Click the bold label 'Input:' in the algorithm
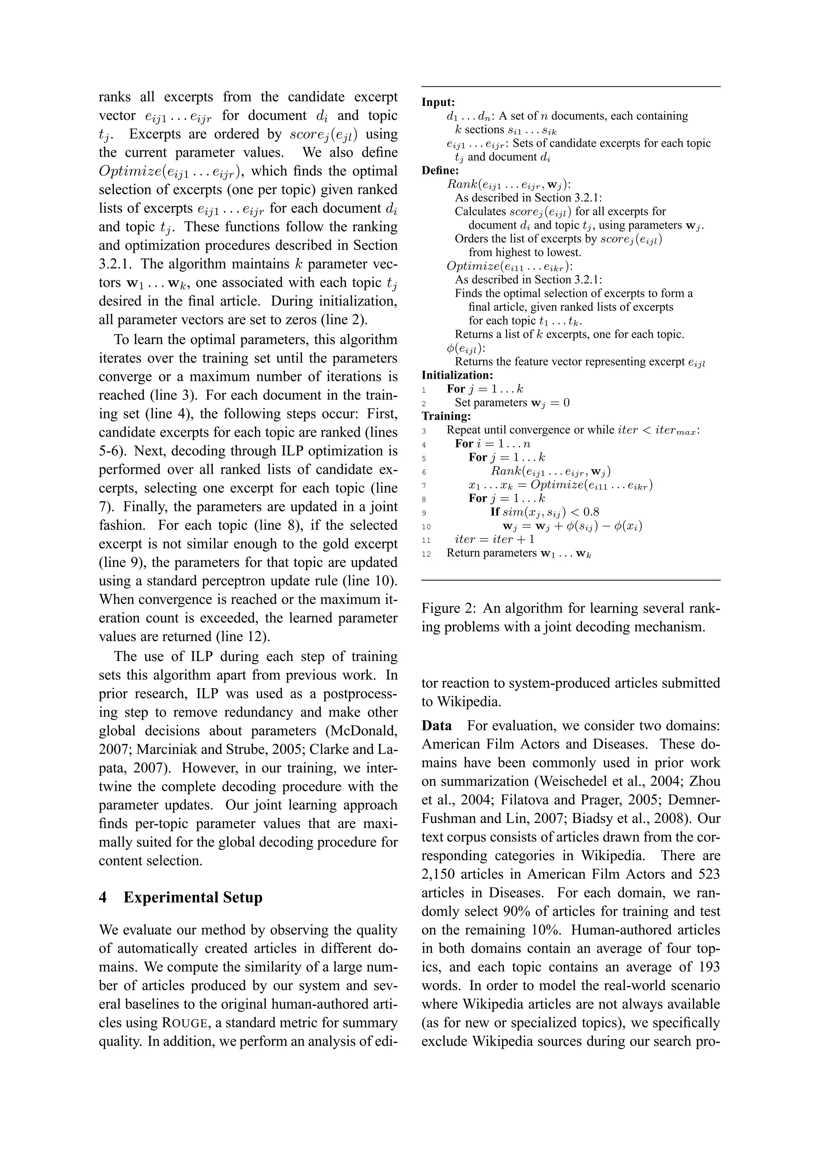coord(438,102)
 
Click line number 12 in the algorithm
coord(426,554)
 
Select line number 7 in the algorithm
coord(424,485)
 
